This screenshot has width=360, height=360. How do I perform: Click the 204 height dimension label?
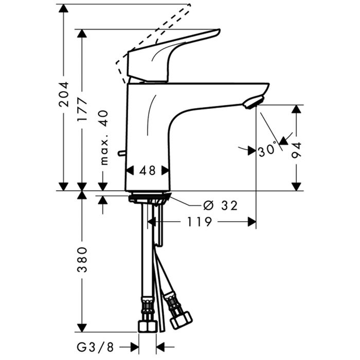click(x=64, y=94)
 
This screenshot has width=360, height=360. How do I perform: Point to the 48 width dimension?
click(x=148, y=170)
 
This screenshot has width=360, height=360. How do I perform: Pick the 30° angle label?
click(x=267, y=150)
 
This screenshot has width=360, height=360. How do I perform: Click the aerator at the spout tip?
click(x=252, y=102)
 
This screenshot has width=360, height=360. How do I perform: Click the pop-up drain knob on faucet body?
click(x=121, y=153)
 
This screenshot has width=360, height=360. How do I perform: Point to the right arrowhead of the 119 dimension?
click(x=251, y=222)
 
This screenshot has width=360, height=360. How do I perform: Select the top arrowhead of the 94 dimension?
click(x=297, y=109)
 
